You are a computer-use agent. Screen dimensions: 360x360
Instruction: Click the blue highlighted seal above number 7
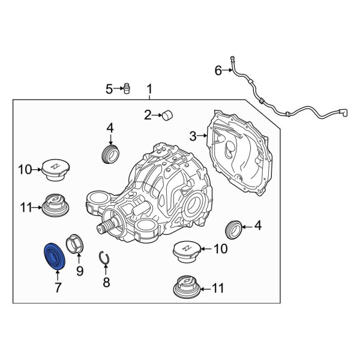(55, 256)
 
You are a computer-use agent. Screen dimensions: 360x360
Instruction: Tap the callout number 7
(58, 287)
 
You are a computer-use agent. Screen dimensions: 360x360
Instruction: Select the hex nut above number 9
(75, 244)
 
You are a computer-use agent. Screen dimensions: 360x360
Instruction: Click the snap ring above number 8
(104, 258)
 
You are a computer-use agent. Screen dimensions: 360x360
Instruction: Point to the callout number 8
(106, 283)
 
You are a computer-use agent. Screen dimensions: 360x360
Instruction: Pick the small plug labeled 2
(168, 115)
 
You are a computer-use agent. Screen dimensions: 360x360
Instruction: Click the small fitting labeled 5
(127, 88)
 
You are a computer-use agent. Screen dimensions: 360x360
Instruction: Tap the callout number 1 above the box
(149, 89)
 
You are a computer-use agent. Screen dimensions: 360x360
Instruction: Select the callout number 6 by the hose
(218, 70)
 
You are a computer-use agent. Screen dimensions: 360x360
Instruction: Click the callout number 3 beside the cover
(193, 136)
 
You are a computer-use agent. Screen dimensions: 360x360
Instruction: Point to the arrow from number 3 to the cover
(202, 136)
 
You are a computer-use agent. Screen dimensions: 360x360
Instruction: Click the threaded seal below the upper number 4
(110, 154)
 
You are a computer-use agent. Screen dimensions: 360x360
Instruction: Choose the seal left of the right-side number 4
(233, 230)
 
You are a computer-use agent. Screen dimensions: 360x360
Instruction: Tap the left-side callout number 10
(25, 170)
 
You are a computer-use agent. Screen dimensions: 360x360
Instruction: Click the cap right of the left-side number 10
(56, 170)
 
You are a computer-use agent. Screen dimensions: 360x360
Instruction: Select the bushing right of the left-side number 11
(55, 205)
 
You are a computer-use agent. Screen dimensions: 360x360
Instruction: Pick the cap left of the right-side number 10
(187, 251)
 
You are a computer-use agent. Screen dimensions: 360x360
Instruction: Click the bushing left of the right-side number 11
(187, 287)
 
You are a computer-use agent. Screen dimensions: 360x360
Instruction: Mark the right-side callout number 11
(218, 289)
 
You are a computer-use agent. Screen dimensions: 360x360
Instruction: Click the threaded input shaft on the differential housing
(107, 226)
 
